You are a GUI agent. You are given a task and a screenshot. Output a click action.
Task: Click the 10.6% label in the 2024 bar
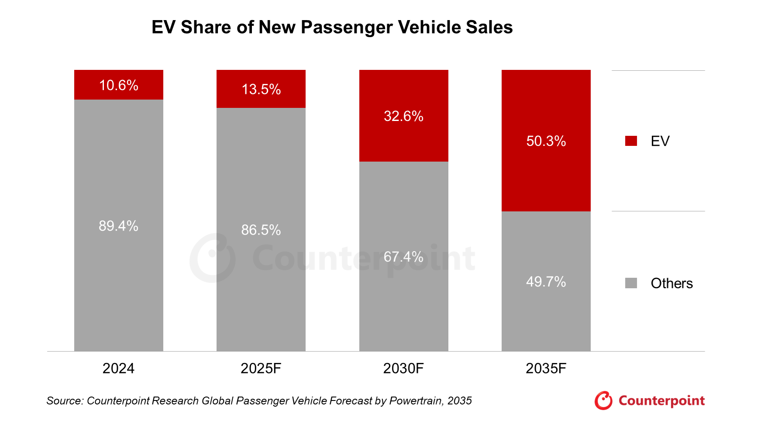119,85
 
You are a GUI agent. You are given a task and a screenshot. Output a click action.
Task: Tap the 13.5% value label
261,90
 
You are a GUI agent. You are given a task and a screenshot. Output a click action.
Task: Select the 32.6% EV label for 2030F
403,116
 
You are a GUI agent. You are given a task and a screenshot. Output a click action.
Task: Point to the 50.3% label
546,141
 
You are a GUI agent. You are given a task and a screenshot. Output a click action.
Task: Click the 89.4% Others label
119,226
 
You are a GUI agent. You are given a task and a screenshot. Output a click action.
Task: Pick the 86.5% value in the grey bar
261,230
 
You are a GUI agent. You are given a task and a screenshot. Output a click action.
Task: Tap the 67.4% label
403,257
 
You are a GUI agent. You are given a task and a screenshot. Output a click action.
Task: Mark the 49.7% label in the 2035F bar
546,282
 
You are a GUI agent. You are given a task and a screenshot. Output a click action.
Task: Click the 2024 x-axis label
119,369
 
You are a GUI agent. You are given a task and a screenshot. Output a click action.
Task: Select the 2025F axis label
261,369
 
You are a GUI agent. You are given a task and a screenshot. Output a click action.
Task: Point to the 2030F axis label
403,369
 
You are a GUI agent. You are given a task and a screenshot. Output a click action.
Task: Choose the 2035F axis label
546,369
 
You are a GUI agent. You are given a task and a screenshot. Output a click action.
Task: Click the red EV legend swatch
631,141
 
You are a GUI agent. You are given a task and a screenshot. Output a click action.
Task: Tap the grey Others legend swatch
631,283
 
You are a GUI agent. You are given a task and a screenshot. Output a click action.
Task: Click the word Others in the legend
672,283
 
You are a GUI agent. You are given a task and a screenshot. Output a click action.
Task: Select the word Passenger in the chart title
347,28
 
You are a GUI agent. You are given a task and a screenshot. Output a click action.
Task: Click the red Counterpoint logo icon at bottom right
603,400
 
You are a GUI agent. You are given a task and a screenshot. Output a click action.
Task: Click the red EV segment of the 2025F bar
261,89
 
